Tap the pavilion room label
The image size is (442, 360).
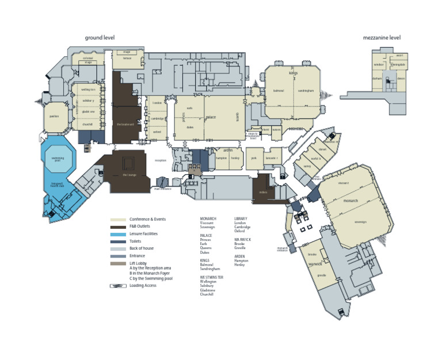[x=55, y=116]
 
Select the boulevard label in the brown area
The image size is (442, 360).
[x=125, y=124]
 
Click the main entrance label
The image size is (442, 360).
[x=163, y=189]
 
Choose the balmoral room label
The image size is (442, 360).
[x=279, y=91]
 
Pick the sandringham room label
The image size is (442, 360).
[x=306, y=91]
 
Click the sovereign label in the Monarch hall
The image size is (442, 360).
[x=361, y=221]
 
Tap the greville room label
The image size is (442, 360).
[x=322, y=275]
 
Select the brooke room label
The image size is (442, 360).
[x=313, y=254]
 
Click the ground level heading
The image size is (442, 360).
[x=100, y=38]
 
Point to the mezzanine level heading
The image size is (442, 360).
[x=382, y=38]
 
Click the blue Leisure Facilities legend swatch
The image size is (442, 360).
[x=119, y=234]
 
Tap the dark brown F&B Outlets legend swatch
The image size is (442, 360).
[x=119, y=227]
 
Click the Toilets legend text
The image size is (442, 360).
[x=136, y=242]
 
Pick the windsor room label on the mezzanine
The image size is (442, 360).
[x=379, y=65]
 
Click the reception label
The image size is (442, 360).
[x=160, y=160]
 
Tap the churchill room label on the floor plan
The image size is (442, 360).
[x=87, y=124]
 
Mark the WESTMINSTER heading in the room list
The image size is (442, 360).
[x=211, y=277]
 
